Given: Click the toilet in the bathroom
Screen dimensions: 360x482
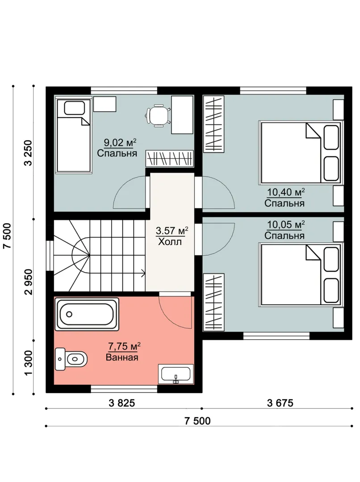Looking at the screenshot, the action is tap(71, 359).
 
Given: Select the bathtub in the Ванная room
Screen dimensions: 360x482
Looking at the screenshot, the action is tap(87, 314).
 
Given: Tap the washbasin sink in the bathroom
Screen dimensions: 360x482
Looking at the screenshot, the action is tap(176, 374).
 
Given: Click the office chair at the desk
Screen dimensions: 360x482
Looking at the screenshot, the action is tap(158, 115).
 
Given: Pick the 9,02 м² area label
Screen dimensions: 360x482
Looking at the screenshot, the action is tap(120, 143).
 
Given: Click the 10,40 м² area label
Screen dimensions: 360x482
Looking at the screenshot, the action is tap(286, 192).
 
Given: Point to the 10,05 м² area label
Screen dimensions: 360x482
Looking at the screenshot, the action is tap(286, 224).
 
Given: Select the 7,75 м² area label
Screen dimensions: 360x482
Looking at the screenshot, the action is tap(124, 346).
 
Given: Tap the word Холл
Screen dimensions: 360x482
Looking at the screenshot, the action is tap(170, 242).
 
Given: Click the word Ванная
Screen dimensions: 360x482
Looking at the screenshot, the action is tap(122, 357).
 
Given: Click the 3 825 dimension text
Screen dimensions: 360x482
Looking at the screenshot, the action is tap(122, 403).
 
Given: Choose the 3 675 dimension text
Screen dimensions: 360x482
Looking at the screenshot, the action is tap(280, 403).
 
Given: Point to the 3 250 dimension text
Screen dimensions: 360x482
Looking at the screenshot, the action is tap(28, 153).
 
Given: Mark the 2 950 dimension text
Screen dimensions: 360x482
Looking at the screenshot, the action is tap(28, 282).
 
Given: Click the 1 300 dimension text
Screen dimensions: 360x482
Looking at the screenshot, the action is tap(28, 363).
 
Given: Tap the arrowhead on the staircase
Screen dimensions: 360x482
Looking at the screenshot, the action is tap(143, 272).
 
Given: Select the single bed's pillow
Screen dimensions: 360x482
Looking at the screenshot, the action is tap(74, 108).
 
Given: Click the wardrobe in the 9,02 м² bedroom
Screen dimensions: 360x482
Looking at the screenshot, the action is tap(170, 158).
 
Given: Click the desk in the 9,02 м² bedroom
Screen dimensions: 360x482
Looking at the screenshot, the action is tap(183, 115).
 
